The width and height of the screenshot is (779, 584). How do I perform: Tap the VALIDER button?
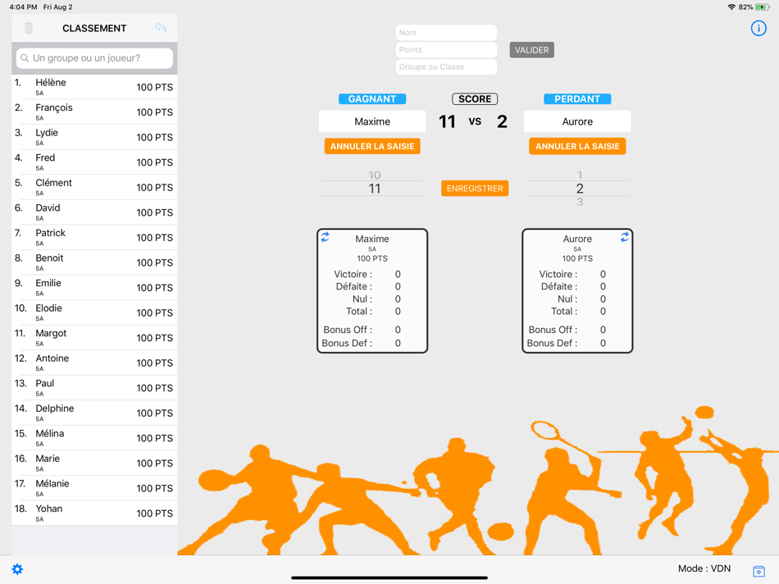coord(531,50)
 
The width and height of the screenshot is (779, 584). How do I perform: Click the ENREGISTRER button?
coord(475,189)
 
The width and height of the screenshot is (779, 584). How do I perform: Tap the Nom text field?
coord(446,32)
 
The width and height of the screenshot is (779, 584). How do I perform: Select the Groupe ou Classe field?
coord(446,66)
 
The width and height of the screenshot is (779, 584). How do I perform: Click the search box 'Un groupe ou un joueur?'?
coord(94,58)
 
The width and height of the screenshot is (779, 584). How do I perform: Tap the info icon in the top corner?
coord(758,29)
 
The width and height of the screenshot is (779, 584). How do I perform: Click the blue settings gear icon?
coord(17,569)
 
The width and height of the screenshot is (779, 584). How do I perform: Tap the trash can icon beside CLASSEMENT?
coord(29,28)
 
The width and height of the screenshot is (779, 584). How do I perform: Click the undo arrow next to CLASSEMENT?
coord(160,27)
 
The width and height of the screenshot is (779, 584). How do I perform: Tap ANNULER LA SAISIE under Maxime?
coord(372,146)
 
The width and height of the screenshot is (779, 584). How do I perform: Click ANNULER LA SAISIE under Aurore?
coord(577,146)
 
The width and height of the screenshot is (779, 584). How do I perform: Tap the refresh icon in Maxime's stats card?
coord(325,237)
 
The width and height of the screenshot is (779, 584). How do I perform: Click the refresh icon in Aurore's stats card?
coord(625,237)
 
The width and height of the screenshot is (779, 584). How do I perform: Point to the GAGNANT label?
coord(372,99)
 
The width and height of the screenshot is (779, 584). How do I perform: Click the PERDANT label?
coord(577,99)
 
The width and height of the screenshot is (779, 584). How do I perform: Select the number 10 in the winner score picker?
coord(375,175)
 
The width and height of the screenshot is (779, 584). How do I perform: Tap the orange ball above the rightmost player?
coord(704,412)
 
